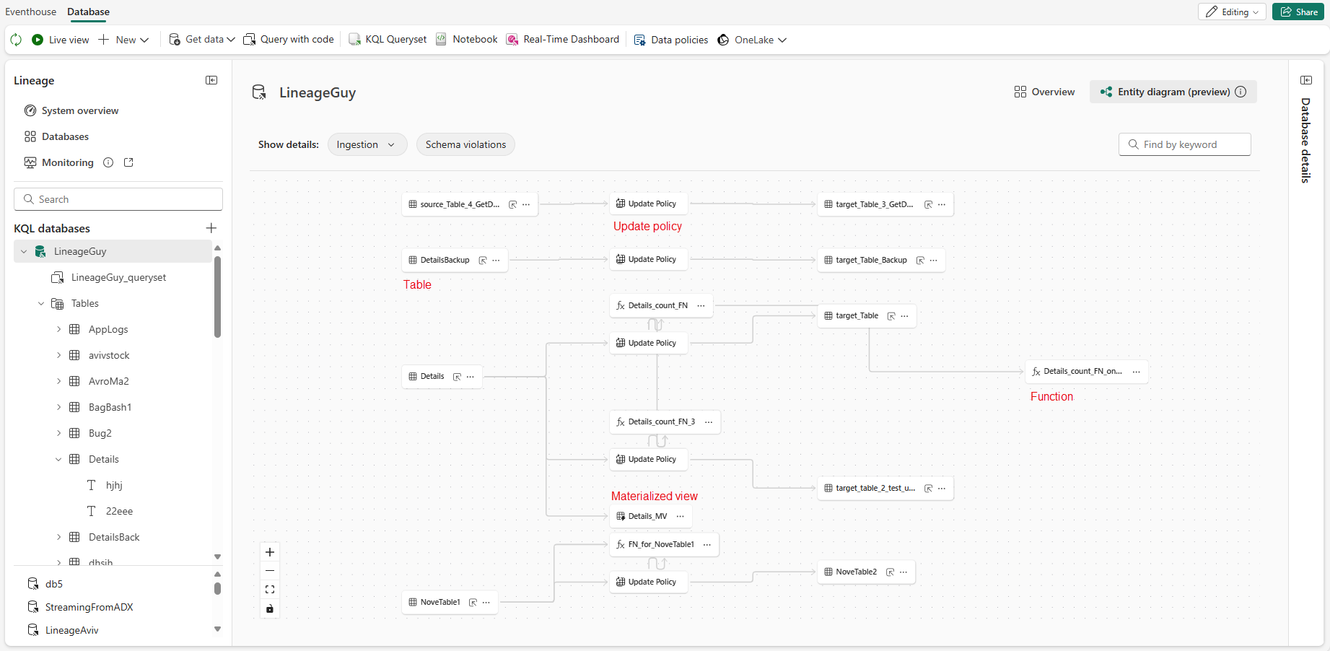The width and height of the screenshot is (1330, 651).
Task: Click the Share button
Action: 1298,12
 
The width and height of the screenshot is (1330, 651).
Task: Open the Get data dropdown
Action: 202,40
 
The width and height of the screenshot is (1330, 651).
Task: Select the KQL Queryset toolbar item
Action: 388,40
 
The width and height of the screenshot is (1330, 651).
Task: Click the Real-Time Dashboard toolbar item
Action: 563,40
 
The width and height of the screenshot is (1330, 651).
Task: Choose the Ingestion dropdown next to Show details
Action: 367,144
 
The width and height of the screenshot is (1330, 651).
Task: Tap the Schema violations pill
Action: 465,144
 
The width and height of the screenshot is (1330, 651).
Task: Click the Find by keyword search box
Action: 1184,144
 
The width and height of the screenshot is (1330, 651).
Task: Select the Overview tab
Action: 1044,92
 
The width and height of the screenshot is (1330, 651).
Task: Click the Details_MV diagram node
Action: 647,516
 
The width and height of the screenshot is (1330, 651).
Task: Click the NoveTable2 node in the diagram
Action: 856,572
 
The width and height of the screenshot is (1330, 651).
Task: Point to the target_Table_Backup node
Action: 871,260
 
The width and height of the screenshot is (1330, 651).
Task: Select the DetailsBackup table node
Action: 445,260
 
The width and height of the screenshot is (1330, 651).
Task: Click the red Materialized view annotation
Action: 654,496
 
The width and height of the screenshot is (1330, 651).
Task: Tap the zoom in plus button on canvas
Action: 270,552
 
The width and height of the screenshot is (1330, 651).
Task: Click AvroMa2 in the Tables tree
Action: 108,381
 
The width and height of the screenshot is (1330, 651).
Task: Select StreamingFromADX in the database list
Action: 89,607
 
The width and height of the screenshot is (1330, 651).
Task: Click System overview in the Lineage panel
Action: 79,110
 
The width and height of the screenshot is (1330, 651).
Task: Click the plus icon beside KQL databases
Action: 211,228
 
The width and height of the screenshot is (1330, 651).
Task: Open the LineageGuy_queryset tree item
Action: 118,277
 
